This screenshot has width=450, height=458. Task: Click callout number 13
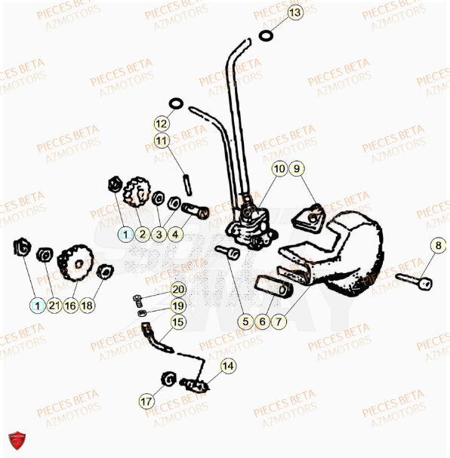[x=294, y=13]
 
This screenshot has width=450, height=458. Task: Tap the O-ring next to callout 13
[x=266, y=35]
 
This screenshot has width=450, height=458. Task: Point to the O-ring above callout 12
[x=175, y=102]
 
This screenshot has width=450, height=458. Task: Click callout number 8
[x=438, y=245]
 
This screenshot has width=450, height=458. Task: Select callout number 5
[x=245, y=321]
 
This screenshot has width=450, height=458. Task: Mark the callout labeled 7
[x=279, y=321]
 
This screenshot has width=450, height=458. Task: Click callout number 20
[x=177, y=289]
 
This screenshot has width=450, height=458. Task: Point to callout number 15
[x=177, y=322]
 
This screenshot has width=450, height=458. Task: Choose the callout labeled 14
[x=228, y=367]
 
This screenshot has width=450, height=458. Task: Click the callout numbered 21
[x=54, y=306]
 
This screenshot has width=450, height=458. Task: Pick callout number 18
[x=89, y=306]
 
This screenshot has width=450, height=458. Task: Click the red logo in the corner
[x=16, y=440]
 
